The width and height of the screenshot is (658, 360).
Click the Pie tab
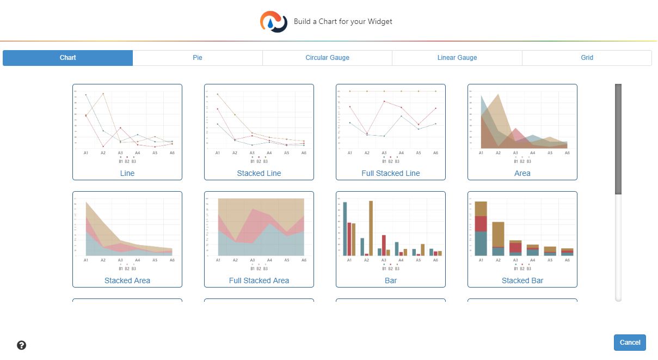point(198,58)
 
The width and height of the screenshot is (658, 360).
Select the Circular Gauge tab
point(327,58)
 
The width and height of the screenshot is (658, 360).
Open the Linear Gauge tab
point(457,58)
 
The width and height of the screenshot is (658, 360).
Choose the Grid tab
point(587,58)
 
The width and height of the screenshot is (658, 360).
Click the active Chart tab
point(68,58)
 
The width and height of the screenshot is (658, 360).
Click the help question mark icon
point(22,345)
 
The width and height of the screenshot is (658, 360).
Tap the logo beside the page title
point(274,22)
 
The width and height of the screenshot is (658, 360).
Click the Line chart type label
point(127,173)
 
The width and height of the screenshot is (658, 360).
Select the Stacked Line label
point(259,173)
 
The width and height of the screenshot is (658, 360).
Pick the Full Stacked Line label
point(391,173)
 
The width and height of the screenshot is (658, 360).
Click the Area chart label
point(522,173)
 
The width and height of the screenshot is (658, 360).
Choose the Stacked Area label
point(127,280)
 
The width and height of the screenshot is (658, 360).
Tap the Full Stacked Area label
point(259,280)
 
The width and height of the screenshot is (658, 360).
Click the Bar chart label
point(391,280)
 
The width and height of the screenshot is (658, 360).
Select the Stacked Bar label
point(522,280)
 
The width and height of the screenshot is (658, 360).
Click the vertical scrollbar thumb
point(618,139)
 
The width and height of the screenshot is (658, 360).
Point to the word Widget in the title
point(380,22)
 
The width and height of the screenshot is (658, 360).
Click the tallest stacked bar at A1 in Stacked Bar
point(481,229)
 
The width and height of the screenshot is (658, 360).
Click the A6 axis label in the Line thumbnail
point(172,153)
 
